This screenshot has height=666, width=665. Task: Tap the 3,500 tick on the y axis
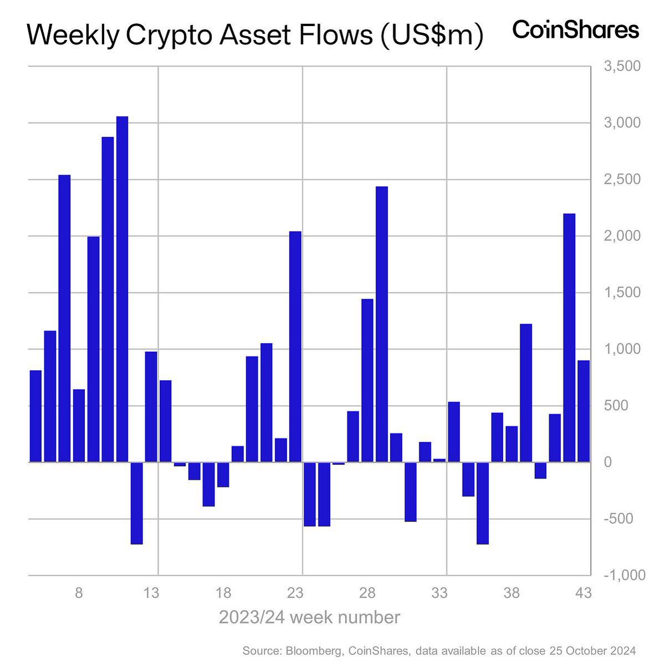click(622, 67)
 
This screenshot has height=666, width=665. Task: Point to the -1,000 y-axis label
click(623, 576)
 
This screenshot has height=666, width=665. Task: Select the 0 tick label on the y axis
click(608, 462)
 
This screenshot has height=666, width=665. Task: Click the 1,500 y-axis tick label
click(622, 292)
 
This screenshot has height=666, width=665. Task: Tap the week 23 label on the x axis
click(295, 593)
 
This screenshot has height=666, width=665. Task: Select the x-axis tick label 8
click(79, 593)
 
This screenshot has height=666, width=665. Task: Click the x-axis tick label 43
click(583, 593)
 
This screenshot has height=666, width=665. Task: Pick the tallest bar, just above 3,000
click(122, 289)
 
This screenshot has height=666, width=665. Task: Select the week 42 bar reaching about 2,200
click(569, 337)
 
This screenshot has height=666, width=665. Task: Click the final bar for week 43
click(583, 411)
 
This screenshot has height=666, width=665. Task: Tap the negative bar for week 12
click(136, 503)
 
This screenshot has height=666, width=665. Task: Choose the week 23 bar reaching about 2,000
click(295, 346)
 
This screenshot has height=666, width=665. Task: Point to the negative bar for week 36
click(483, 503)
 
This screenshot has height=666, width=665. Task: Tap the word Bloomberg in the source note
click(309, 650)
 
